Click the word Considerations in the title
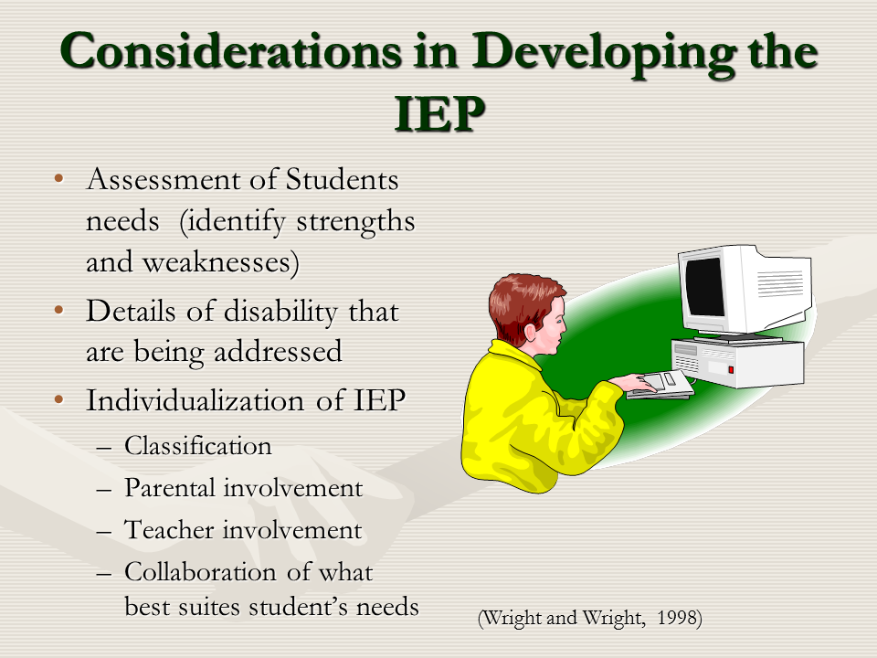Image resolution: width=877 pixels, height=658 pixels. pos(231,51)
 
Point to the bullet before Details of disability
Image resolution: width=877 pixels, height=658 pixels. pos(58,310)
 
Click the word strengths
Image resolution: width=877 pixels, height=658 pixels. pos(355,221)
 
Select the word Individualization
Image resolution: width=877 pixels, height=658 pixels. pos(195,400)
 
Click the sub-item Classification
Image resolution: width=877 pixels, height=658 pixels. pos(198,446)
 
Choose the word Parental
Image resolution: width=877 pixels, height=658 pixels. pos(170,487)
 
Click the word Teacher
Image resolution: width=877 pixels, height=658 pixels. pos(169,529)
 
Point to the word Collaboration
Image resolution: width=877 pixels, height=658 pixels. pos(200,572)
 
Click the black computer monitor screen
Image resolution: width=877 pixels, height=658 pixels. pos(704,287)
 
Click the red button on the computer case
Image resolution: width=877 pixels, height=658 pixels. pos(731,370)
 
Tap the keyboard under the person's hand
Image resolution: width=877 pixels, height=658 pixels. pos(660,385)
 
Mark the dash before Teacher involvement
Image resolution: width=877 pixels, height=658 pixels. pos(103,532)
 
